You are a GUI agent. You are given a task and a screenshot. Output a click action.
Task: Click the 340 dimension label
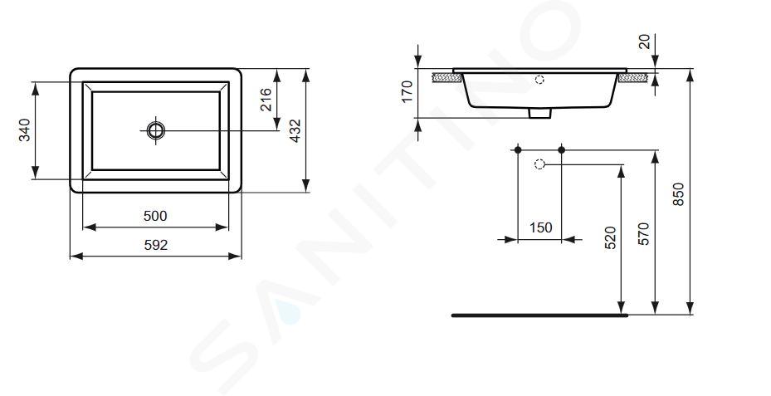coord(24,130)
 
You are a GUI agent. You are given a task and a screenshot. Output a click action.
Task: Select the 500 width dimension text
coord(155,216)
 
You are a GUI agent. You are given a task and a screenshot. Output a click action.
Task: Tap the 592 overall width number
coord(156,245)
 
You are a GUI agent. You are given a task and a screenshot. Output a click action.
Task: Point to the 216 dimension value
coord(266,100)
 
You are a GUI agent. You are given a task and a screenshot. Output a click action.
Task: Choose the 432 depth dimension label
coord(295,131)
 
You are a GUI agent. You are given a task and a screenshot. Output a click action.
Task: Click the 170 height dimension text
coord(407,91)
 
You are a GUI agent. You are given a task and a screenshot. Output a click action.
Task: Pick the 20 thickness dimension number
coord(644,42)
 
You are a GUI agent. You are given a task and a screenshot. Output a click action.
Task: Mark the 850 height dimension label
coord(678,193)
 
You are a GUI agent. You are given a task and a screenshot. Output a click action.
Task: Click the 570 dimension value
coord(644,233)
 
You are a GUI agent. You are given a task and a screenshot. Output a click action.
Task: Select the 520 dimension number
coord(610,237)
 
